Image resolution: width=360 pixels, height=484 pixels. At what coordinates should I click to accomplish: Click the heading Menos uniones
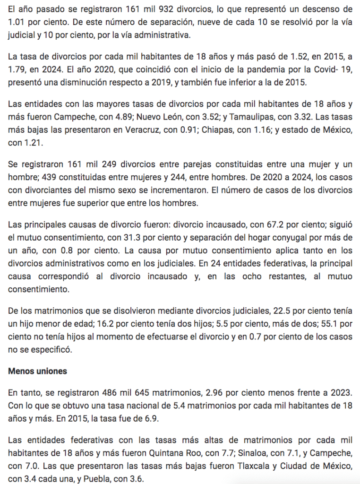[x=37, y=371]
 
